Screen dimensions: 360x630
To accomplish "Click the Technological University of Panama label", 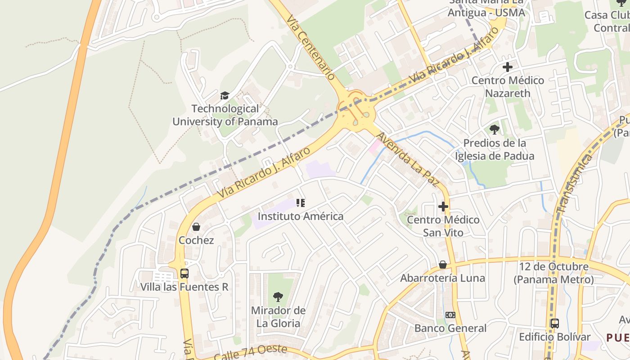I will point(225,115).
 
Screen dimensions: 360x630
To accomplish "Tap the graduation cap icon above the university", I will point(225,95).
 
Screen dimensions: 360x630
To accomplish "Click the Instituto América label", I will point(300,216).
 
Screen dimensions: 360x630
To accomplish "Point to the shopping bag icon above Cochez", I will point(196,227).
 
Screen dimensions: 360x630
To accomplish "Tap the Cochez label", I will point(196,240).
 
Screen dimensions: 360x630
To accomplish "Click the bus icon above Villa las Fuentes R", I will point(184,273).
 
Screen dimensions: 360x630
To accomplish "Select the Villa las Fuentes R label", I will point(184,287).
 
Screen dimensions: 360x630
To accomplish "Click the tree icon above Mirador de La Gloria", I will point(278,297).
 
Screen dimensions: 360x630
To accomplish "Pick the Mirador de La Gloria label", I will point(278,317).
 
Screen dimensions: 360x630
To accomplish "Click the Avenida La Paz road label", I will point(407,159).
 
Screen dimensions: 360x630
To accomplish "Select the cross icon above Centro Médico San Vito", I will point(443,207).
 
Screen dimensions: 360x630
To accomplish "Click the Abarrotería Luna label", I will point(443,278).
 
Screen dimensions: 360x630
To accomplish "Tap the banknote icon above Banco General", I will point(450,315).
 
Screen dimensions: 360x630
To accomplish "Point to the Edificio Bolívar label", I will point(554,337).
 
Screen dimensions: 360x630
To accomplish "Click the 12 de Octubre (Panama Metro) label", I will point(553,273).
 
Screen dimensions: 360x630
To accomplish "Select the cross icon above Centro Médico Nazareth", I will point(508,67).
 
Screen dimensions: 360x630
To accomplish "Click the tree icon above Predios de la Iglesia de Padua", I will point(495,130).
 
